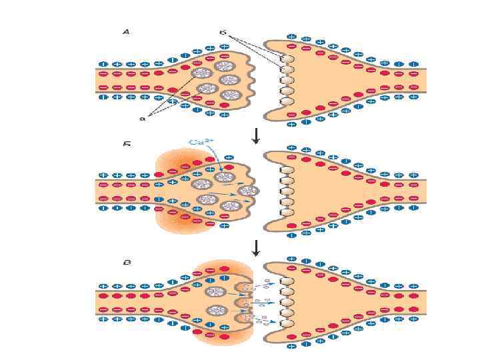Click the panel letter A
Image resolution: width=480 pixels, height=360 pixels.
click(126, 31)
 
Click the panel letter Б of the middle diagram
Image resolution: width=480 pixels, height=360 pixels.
click(126, 143)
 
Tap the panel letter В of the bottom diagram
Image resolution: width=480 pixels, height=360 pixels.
click(126, 262)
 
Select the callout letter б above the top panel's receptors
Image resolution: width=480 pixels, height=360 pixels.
click(223, 31)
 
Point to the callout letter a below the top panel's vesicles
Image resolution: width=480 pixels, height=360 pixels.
click(142, 119)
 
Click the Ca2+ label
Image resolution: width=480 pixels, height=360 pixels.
click(201, 141)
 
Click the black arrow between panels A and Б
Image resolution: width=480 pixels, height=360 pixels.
click(255, 135)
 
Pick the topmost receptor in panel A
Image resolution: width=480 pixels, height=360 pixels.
click(287, 59)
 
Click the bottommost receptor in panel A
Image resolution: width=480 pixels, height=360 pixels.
click(287, 101)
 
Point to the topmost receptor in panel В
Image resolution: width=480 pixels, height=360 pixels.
click(287, 281)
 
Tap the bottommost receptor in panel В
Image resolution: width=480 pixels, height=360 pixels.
click(287, 324)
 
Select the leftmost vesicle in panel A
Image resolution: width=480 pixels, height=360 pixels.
click(199, 73)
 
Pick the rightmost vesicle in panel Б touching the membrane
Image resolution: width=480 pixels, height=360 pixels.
click(250, 191)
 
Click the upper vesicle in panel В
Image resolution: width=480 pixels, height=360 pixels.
click(216, 292)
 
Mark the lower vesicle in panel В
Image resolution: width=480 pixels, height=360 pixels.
click(216, 310)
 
